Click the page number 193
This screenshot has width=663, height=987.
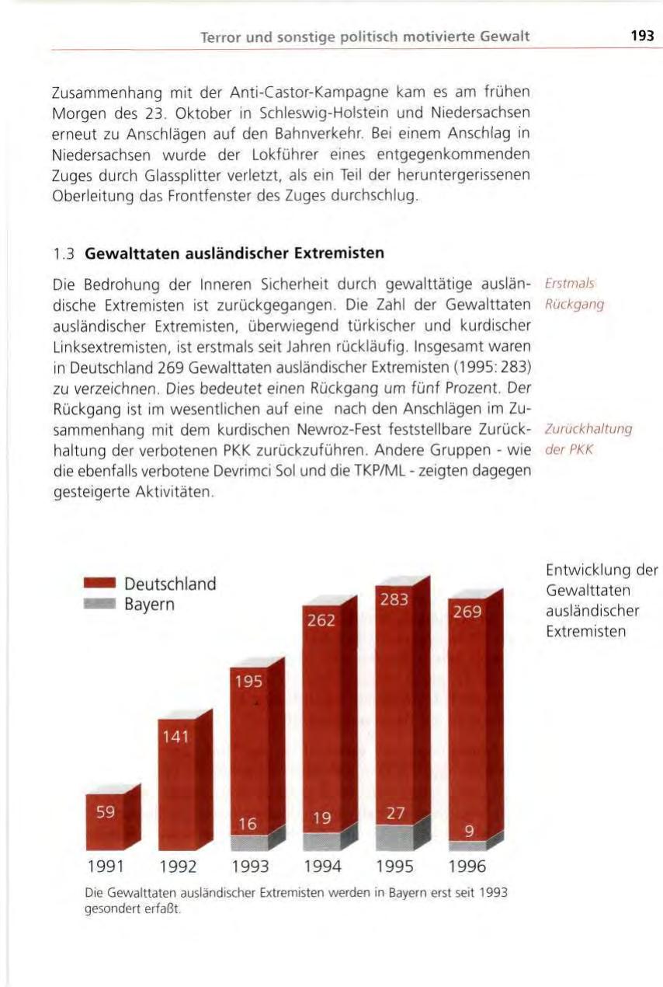(x=642, y=36)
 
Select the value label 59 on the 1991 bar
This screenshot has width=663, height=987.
(x=106, y=813)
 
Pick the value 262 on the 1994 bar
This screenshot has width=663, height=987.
(x=321, y=619)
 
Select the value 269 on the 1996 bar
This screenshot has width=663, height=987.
(x=467, y=612)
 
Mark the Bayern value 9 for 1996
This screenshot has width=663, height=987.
(x=468, y=832)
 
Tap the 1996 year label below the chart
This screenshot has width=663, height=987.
(x=467, y=867)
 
